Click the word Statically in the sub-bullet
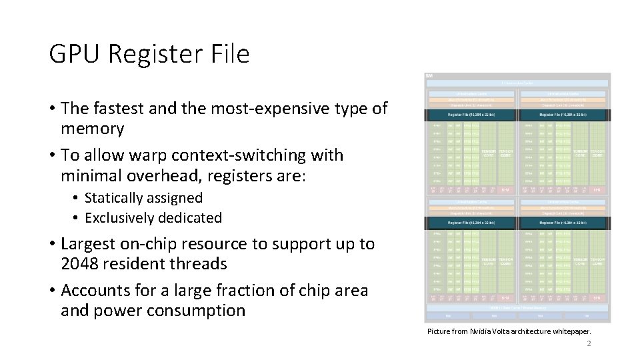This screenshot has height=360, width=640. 114,198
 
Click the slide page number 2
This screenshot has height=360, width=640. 589,344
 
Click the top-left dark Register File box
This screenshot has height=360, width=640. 472,115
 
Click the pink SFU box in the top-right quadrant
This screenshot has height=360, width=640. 597,189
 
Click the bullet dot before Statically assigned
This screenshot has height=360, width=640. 77,199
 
